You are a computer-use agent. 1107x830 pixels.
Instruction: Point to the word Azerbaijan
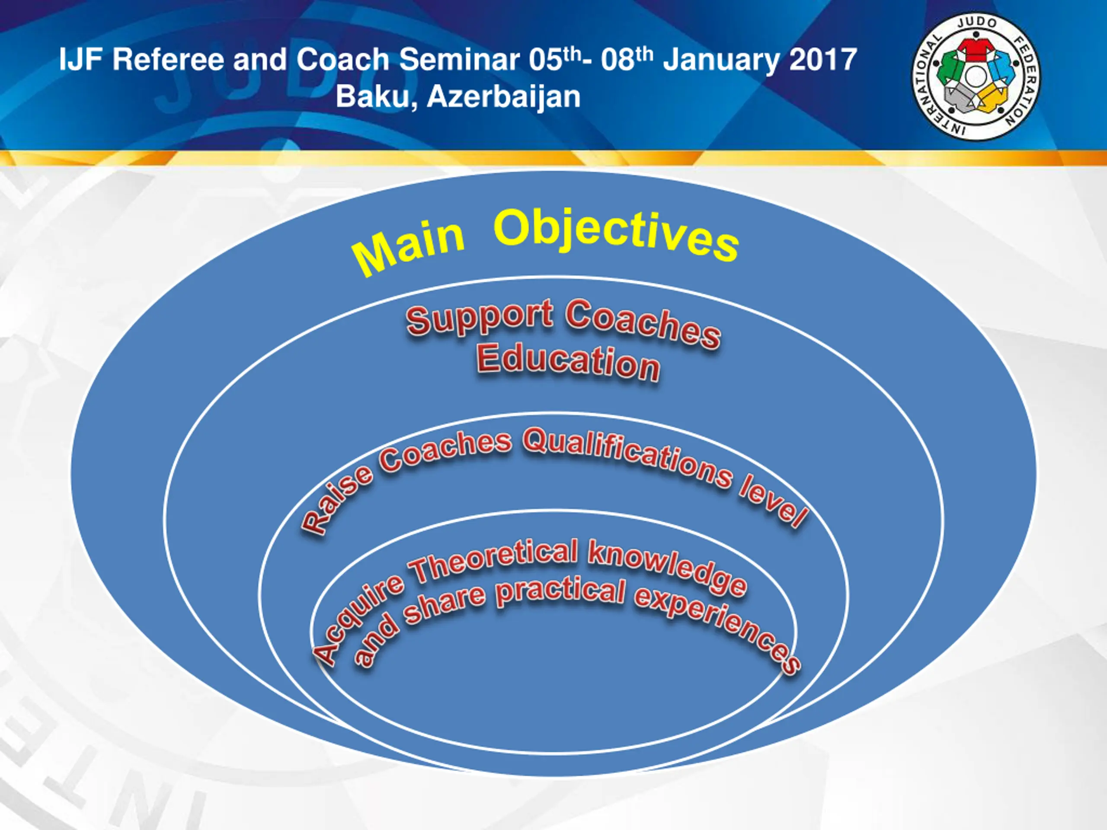pos(503,96)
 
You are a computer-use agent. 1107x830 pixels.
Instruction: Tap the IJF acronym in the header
pos(82,60)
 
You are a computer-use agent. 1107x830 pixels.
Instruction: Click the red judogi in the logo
pos(974,48)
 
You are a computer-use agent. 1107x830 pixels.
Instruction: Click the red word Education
pos(568,362)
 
